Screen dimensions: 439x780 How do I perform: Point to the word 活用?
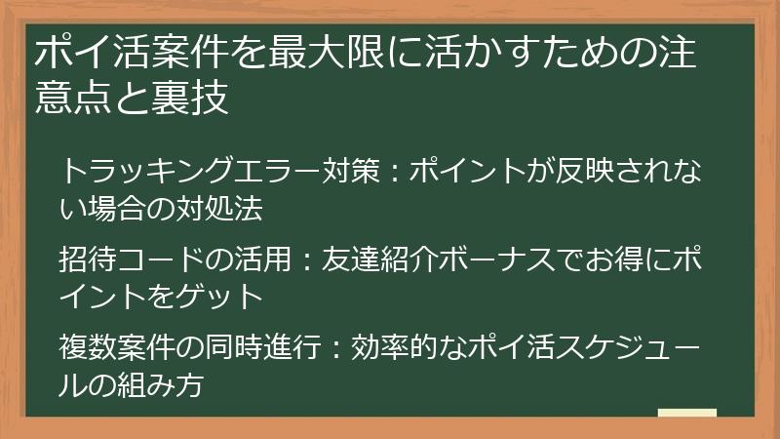(x=253, y=259)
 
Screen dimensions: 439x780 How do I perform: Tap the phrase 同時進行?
(x=253, y=346)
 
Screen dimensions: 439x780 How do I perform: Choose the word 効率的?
(x=387, y=346)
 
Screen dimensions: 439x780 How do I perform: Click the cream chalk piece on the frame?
(x=687, y=415)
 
